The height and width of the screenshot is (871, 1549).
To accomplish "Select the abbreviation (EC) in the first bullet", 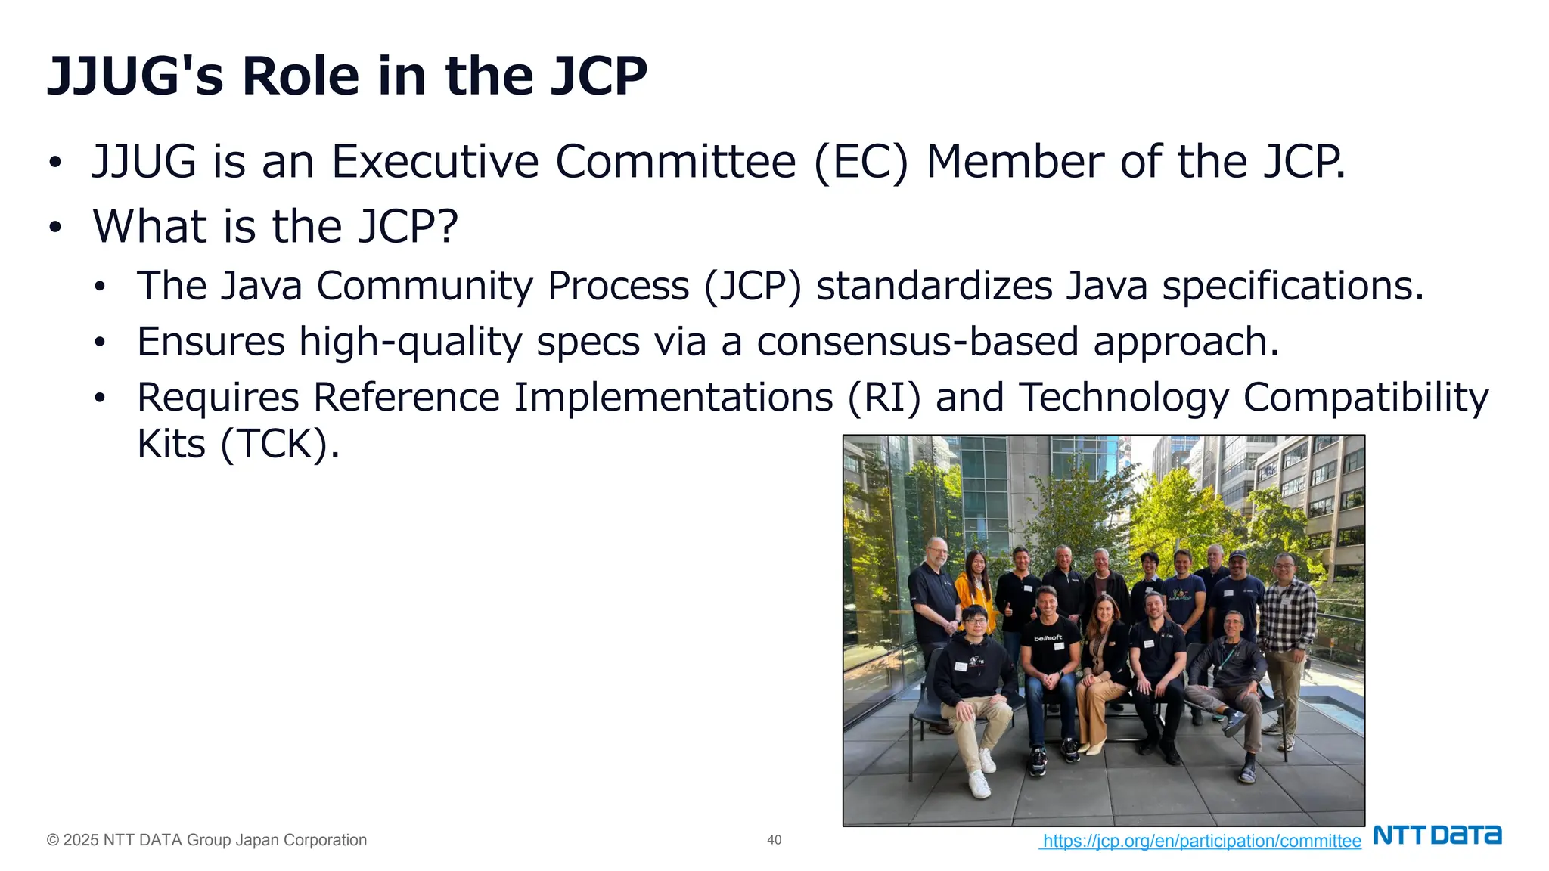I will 861,162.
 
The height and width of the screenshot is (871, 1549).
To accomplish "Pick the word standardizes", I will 934,287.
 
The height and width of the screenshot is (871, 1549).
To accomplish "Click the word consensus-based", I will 917,342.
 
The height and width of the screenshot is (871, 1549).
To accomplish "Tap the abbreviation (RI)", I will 883,398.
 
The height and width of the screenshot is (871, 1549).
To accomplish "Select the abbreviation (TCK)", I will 275,444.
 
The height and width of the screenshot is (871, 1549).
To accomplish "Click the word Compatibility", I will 1365,398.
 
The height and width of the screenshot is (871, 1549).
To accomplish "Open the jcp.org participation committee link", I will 1201,841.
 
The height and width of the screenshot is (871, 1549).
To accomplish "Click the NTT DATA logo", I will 1437,835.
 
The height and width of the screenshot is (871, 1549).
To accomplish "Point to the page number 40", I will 774,840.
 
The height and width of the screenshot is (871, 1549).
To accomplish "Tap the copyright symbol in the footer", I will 52,840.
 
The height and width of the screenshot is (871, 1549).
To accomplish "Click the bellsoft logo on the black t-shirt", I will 1048,638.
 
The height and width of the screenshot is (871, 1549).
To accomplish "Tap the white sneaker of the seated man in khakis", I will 979,785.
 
